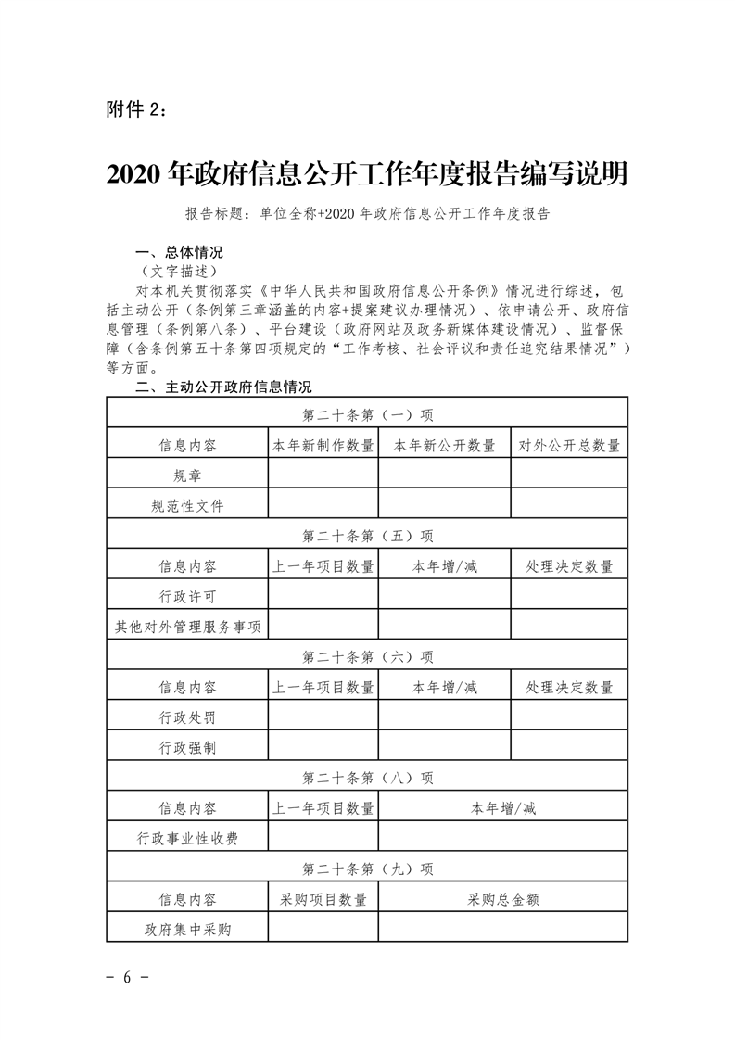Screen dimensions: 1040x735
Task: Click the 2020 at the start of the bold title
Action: click(x=136, y=173)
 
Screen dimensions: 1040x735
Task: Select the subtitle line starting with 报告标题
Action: click(x=368, y=214)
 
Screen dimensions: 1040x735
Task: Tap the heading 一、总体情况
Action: click(x=179, y=252)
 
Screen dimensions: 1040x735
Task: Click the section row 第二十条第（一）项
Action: click(x=367, y=413)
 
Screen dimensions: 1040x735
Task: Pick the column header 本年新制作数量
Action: click(x=323, y=445)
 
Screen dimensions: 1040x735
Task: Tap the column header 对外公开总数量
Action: click(x=569, y=445)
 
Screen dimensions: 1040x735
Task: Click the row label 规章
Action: click(x=187, y=476)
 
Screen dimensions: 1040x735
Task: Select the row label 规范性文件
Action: click(x=187, y=506)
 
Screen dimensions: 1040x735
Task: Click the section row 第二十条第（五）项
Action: click(x=367, y=536)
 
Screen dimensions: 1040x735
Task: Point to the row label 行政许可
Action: click(x=187, y=596)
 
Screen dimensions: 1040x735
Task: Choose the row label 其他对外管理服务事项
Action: click(x=187, y=626)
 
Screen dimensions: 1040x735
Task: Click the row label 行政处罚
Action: click(x=187, y=717)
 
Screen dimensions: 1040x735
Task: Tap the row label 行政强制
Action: click(x=187, y=747)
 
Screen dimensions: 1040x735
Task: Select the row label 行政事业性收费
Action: click(x=187, y=838)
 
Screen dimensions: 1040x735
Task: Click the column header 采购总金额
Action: click(x=503, y=899)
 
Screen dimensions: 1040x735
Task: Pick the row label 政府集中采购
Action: click(x=187, y=929)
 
